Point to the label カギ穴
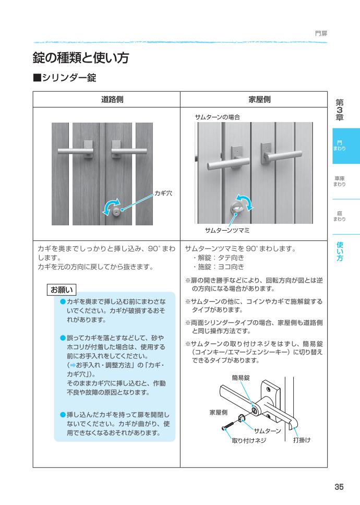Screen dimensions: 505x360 point(163,193)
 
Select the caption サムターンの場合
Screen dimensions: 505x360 point(217,118)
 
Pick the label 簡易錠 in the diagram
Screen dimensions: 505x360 point(239,377)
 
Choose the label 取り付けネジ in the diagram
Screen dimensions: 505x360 point(249,440)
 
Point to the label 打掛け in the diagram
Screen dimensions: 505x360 point(302,440)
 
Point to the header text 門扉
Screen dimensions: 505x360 point(321,34)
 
